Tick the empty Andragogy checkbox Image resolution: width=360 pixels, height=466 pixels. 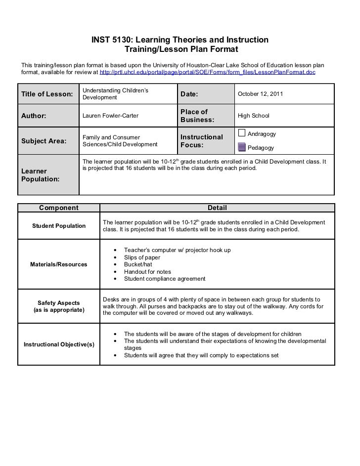(242, 132)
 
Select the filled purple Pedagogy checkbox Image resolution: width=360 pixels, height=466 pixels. (242, 146)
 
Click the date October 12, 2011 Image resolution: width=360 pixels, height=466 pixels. (261, 94)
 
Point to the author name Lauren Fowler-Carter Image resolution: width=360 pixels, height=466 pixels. (110, 116)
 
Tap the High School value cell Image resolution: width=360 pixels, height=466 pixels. (254, 116)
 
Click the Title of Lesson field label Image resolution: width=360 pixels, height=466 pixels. (47, 94)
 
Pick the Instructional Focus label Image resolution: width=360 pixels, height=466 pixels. (202, 141)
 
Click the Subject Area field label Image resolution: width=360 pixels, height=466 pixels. (44, 141)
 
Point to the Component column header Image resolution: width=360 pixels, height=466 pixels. (58, 208)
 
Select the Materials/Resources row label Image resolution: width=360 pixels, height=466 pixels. (58, 264)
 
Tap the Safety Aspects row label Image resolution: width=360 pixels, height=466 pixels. (58, 306)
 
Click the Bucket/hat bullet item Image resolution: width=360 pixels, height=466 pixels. (138, 264)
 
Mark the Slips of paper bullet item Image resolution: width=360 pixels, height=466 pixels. (142, 257)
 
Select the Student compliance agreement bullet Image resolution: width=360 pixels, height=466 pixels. (164, 279)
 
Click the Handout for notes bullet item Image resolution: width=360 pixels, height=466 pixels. (147, 272)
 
